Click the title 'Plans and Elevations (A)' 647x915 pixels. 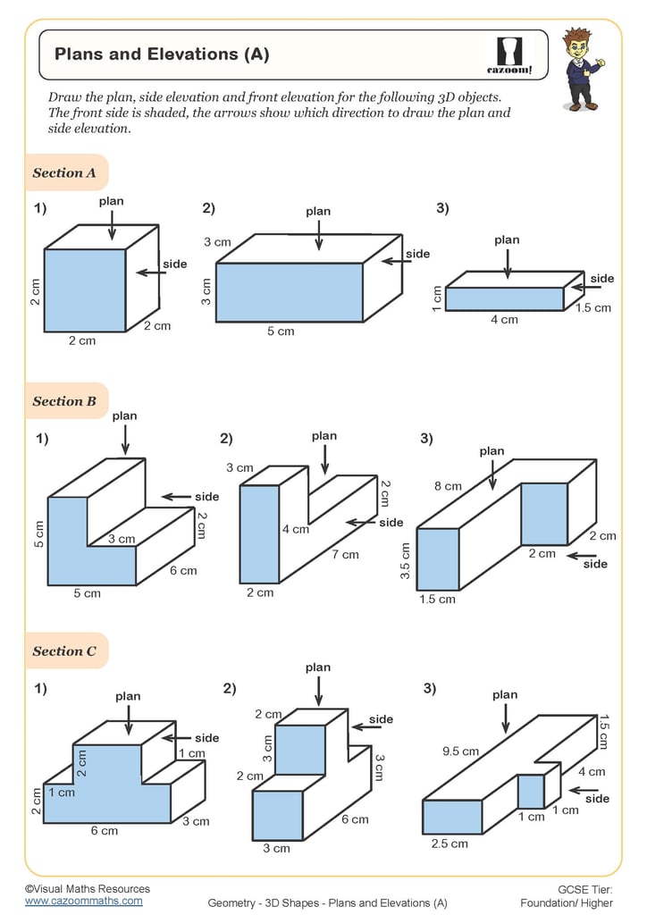pos(162,55)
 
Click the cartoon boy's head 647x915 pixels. pos(576,46)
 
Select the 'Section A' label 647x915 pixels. pos(64,173)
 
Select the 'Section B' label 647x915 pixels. pos(64,401)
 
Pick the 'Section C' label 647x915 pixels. pos(64,651)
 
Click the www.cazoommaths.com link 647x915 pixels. pos(83,902)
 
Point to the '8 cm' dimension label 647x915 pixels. pos(448,486)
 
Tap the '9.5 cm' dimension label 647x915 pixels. pos(460,751)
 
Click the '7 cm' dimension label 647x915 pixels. pos(346,555)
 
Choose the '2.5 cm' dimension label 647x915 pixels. pos(450,844)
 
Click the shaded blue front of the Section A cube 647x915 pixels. pos(85,290)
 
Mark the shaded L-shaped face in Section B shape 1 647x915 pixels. pos(76,554)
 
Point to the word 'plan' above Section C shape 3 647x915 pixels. pos(505,694)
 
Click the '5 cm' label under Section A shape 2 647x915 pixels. pos(281,332)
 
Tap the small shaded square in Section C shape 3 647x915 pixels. pos(531,792)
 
